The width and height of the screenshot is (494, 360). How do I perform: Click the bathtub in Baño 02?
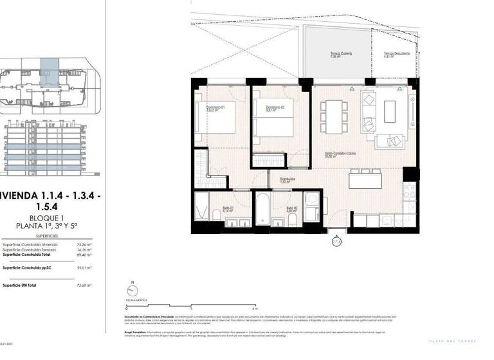click(x=264, y=210)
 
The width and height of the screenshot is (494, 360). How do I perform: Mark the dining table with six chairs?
click(x=334, y=114)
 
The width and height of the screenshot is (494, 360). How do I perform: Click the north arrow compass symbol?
click(x=132, y=289)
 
